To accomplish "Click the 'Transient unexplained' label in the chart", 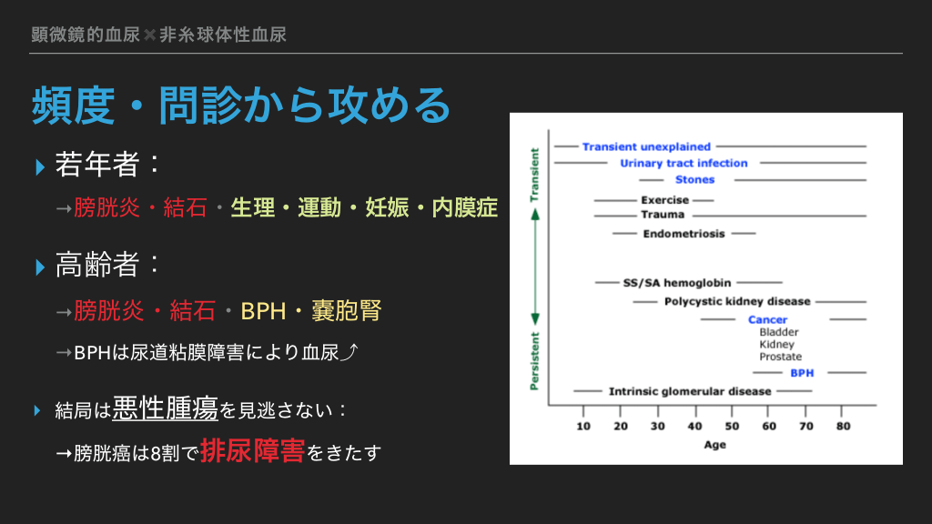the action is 646,146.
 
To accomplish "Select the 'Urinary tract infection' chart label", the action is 684,164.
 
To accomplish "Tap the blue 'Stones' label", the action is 694,179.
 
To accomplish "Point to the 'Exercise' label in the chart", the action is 664,200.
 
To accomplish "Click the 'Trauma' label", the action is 663,215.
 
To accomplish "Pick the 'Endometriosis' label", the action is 684,234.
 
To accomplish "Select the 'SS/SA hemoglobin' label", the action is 677,283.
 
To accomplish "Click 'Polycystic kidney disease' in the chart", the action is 737,302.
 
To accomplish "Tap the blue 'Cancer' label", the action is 767,319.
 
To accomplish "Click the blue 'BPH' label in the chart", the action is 802,373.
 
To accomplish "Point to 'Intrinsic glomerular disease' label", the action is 690,391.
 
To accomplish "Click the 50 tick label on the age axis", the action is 732,426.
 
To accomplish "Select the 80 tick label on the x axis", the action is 843,426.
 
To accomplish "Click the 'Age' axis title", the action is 715,445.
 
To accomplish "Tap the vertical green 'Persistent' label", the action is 534,361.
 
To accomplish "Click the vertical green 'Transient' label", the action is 534,176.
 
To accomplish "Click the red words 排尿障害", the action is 253,451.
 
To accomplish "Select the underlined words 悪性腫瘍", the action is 166,408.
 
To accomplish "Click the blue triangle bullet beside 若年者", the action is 40,167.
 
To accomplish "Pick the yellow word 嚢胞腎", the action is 347,311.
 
